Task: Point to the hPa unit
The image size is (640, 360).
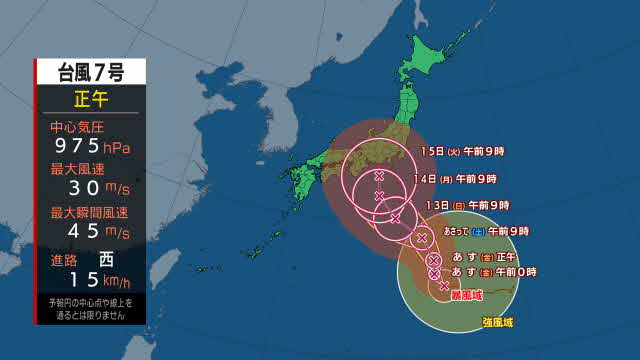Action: click(x=116, y=149)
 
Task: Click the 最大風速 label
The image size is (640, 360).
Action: click(x=76, y=171)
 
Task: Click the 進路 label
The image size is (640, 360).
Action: click(x=66, y=255)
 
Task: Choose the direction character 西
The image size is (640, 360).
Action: click(x=111, y=255)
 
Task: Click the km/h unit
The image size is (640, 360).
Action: click(x=117, y=277)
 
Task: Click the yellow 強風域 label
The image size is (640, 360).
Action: click(x=500, y=321)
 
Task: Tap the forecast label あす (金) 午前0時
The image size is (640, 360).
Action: click(x=495, y=272)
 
